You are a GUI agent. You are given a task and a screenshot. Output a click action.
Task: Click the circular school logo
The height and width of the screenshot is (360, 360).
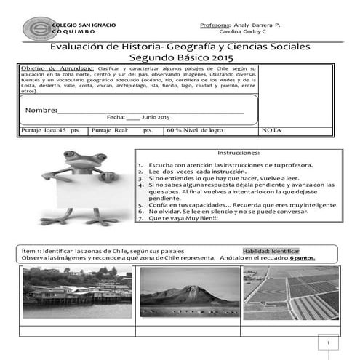pos(37,28)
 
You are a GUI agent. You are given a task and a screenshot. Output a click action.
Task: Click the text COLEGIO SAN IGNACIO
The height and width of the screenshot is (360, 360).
pos(83,25)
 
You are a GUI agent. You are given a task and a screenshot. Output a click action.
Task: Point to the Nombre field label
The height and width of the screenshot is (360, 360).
pos(41,110)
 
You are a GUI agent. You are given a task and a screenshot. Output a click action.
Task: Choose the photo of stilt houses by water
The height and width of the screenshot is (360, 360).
pos(77,292)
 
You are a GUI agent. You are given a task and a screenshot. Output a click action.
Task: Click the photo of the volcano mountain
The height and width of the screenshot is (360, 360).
pos(190,292)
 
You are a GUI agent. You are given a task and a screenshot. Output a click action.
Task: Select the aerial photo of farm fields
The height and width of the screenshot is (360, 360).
pos(291,292)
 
